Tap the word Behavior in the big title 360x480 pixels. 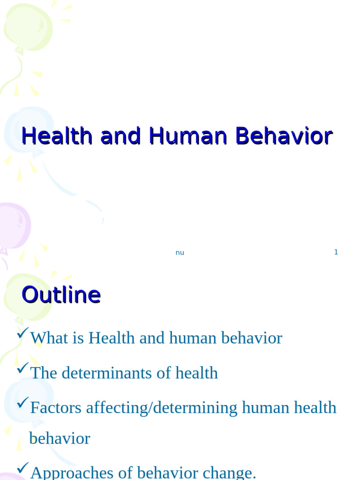[284, 136]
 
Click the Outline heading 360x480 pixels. [61, 295]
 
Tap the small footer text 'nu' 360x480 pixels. [180, 253]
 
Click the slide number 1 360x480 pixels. [336, 252]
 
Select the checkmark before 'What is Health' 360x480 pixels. [22, 333]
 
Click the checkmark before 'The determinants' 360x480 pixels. [22, 368]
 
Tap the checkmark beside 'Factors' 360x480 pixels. [22, 403]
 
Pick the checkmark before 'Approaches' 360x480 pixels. [22, 468]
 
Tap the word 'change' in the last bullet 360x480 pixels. [231, 472]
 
